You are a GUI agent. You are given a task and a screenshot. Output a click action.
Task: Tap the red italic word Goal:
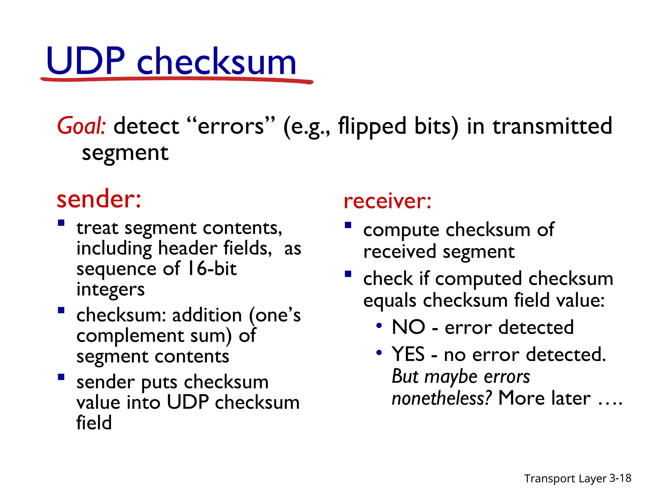(81, 126)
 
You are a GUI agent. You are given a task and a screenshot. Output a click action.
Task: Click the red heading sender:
(99, 199)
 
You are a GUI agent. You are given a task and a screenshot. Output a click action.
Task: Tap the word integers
(111, 289)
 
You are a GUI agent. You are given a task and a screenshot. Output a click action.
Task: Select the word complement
(130, 336)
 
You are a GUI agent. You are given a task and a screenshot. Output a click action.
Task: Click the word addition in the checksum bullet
(207, 315)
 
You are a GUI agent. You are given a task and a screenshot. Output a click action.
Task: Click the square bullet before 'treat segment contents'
(61, 223)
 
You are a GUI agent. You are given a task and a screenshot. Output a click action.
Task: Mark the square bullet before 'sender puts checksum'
(61, 377)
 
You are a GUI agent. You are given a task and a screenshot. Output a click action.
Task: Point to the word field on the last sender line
(94, 423)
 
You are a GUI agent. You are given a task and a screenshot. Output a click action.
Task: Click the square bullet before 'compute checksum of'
(348, 225)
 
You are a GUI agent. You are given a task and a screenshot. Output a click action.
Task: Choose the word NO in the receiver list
(408, 327)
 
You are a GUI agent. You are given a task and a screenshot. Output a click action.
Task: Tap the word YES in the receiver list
(408, 354)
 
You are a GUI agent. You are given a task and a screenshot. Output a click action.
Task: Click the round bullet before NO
(379, 325)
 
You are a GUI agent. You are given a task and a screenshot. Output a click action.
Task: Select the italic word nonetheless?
(442, 398)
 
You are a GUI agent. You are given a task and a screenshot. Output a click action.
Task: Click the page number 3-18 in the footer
(620, 478)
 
